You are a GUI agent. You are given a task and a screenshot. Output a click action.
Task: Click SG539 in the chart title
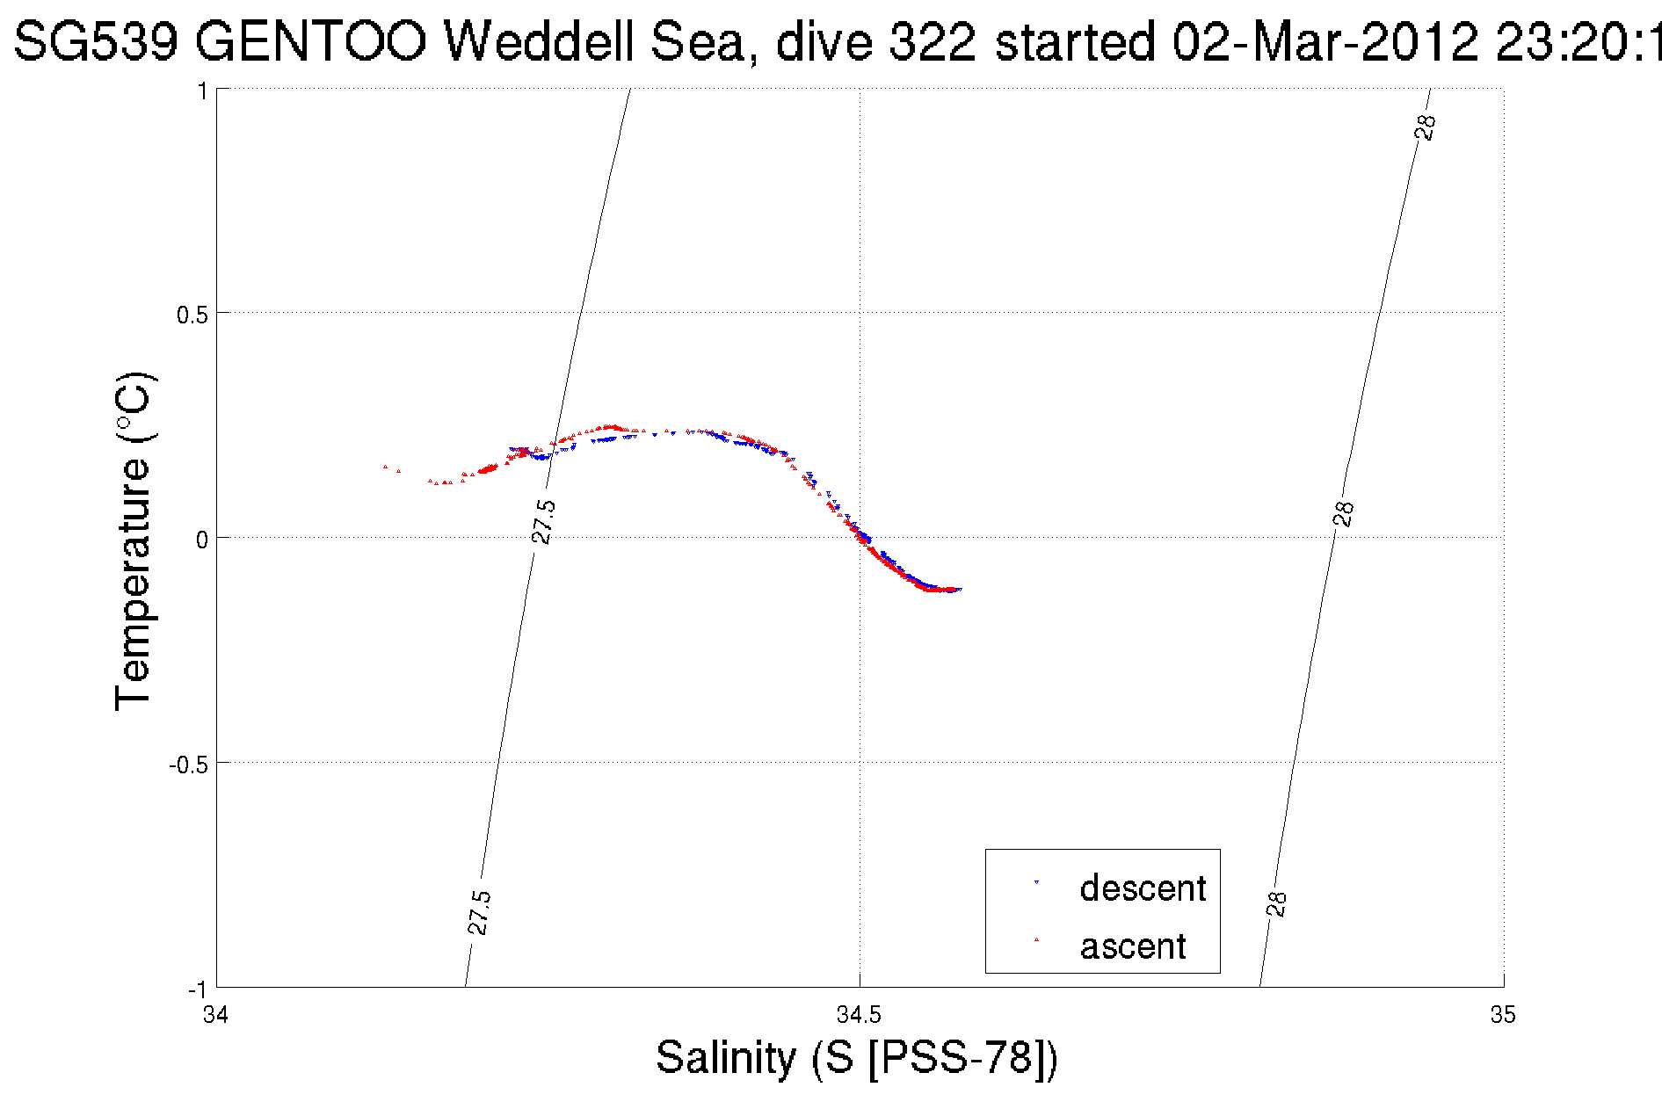coord(97,41)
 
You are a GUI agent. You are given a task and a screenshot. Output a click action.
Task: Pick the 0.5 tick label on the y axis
coord(192,315)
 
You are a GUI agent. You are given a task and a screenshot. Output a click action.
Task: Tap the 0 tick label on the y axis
coord(201,540)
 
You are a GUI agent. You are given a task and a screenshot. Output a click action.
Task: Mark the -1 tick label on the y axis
coord(196,989)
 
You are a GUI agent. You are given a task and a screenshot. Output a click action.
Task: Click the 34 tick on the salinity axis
coord(215,1015)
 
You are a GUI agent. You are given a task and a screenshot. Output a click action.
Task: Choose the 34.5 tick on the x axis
coord(859,1015)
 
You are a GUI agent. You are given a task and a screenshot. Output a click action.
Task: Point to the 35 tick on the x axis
coord(1503,1015)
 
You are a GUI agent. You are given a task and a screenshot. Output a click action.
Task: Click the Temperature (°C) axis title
coord(134,540)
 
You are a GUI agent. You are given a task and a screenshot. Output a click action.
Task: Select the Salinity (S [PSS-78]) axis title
coord(857,1057)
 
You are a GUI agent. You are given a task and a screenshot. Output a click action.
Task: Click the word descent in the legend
coord(1143,888)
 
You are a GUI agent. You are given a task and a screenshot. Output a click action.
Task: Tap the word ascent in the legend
coord(1133,946)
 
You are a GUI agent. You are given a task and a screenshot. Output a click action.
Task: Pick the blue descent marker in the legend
coord(1036,882)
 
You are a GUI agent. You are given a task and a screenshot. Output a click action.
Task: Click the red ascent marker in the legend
coord(1036,939)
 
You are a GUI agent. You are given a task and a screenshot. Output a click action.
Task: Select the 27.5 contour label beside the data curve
coord(544,521)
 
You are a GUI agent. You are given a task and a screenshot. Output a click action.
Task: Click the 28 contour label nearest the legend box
coord(1277,903)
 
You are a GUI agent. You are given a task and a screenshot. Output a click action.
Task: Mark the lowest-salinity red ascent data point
coord(385,467)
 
